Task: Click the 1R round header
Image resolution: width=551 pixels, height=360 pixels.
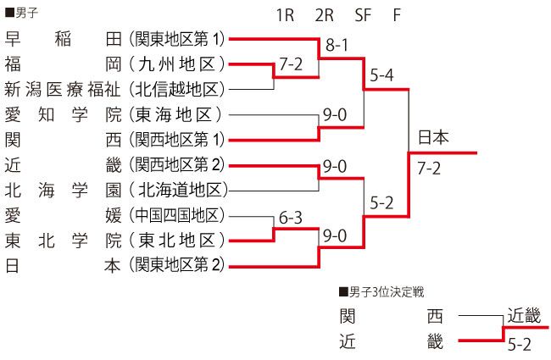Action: [x=285, y=15]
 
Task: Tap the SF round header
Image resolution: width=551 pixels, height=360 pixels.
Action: [x=363, y=15]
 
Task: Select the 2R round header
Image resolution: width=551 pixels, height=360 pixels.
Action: [x=324, y=15]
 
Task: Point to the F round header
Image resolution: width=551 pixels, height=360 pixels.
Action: [x=397, y=15]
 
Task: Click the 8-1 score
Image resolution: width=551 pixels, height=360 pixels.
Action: [x=337, y=45]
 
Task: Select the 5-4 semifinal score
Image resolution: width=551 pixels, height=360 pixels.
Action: [x=381, y=75]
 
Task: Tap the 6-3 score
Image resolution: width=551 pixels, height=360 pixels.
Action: [x=291, y=218]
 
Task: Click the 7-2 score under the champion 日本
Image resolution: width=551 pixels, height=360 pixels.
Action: [x=429, y=169]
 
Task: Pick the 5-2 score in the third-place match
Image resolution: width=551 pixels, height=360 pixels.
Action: [x=520, y=345]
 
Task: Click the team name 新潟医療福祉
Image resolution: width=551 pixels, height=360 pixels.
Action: [x=63, y=89]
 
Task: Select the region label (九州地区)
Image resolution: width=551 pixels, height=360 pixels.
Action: [x=177, y=64]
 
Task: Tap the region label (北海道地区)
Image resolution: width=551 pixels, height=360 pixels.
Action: [x=179, y=191]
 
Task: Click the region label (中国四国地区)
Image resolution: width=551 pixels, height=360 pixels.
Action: [x=177, y=215]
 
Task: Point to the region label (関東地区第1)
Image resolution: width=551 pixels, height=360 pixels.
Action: [x=177, y=39]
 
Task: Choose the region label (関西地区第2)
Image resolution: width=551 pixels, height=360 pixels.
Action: [x=177, y=165]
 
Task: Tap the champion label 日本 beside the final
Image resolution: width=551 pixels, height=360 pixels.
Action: [x=433, y=137]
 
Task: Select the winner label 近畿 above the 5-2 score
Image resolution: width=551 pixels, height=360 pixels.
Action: [x=524, y=315]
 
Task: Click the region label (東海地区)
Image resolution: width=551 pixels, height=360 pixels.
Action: [x=175, y=115]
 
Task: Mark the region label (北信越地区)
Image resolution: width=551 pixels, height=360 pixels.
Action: [x=177, y=90]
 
